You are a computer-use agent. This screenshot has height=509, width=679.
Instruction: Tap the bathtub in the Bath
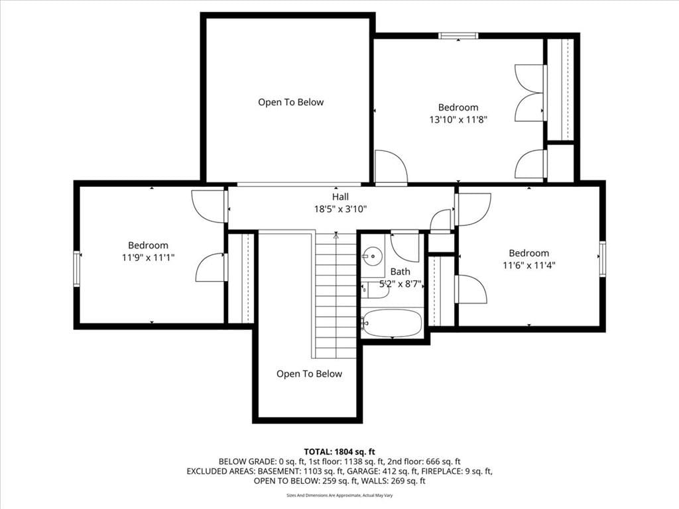392,323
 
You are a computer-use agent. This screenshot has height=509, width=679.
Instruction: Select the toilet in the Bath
375,290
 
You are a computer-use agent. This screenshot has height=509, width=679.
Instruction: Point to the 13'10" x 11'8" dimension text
458,119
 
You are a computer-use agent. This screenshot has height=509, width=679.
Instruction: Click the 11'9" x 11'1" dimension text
148,258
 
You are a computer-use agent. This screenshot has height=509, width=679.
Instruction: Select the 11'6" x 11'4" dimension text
528,265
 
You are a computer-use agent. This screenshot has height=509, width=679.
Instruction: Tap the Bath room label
400,272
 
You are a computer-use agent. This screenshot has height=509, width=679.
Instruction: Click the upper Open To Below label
291,103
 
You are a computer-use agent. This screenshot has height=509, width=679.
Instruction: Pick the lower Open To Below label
309,374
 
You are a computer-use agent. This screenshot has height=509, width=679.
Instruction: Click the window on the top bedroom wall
458,36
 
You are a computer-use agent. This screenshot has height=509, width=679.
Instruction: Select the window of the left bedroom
77,269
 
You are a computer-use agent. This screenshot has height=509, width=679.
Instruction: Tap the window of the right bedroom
602,259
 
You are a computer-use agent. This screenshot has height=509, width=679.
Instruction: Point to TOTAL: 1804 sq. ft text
339,452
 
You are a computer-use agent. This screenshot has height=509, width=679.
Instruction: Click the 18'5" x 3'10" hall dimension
340,209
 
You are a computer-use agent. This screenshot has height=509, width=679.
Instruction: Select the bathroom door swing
405,247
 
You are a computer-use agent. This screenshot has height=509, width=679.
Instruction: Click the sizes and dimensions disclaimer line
339,495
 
